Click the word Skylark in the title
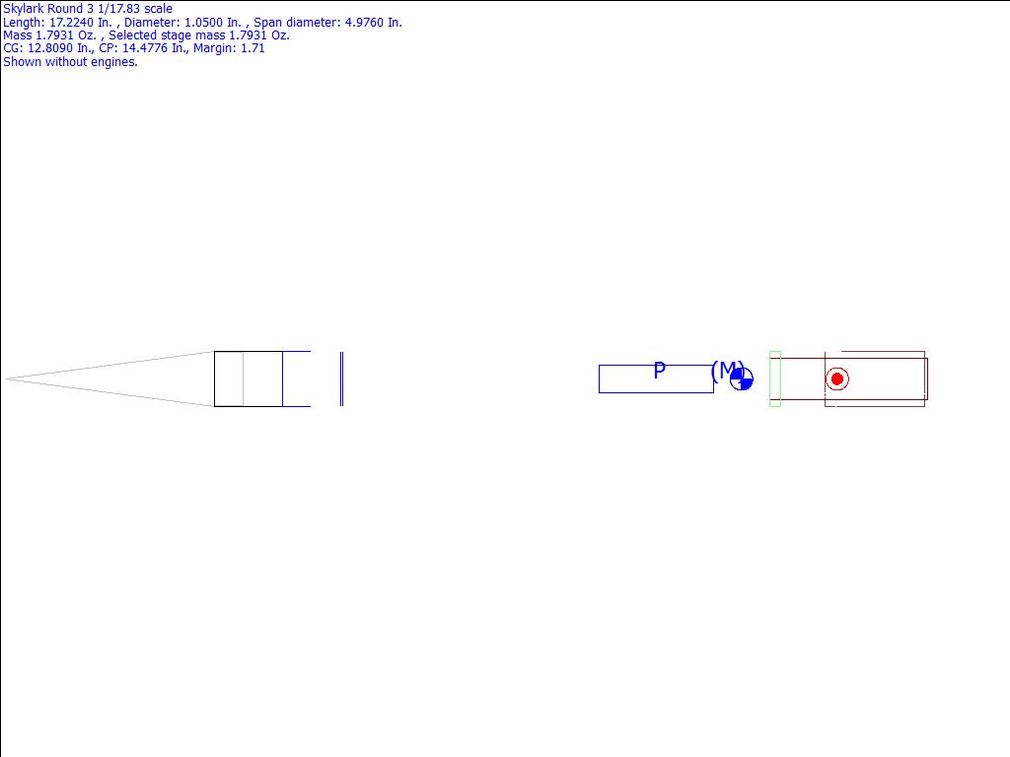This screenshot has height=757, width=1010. point(24,9)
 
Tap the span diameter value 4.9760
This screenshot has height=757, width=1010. point(366,23)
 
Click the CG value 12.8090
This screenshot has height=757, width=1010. point(49,48)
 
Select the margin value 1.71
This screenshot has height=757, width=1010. point(252,48)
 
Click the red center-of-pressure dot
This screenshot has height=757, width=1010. point(837,379)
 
